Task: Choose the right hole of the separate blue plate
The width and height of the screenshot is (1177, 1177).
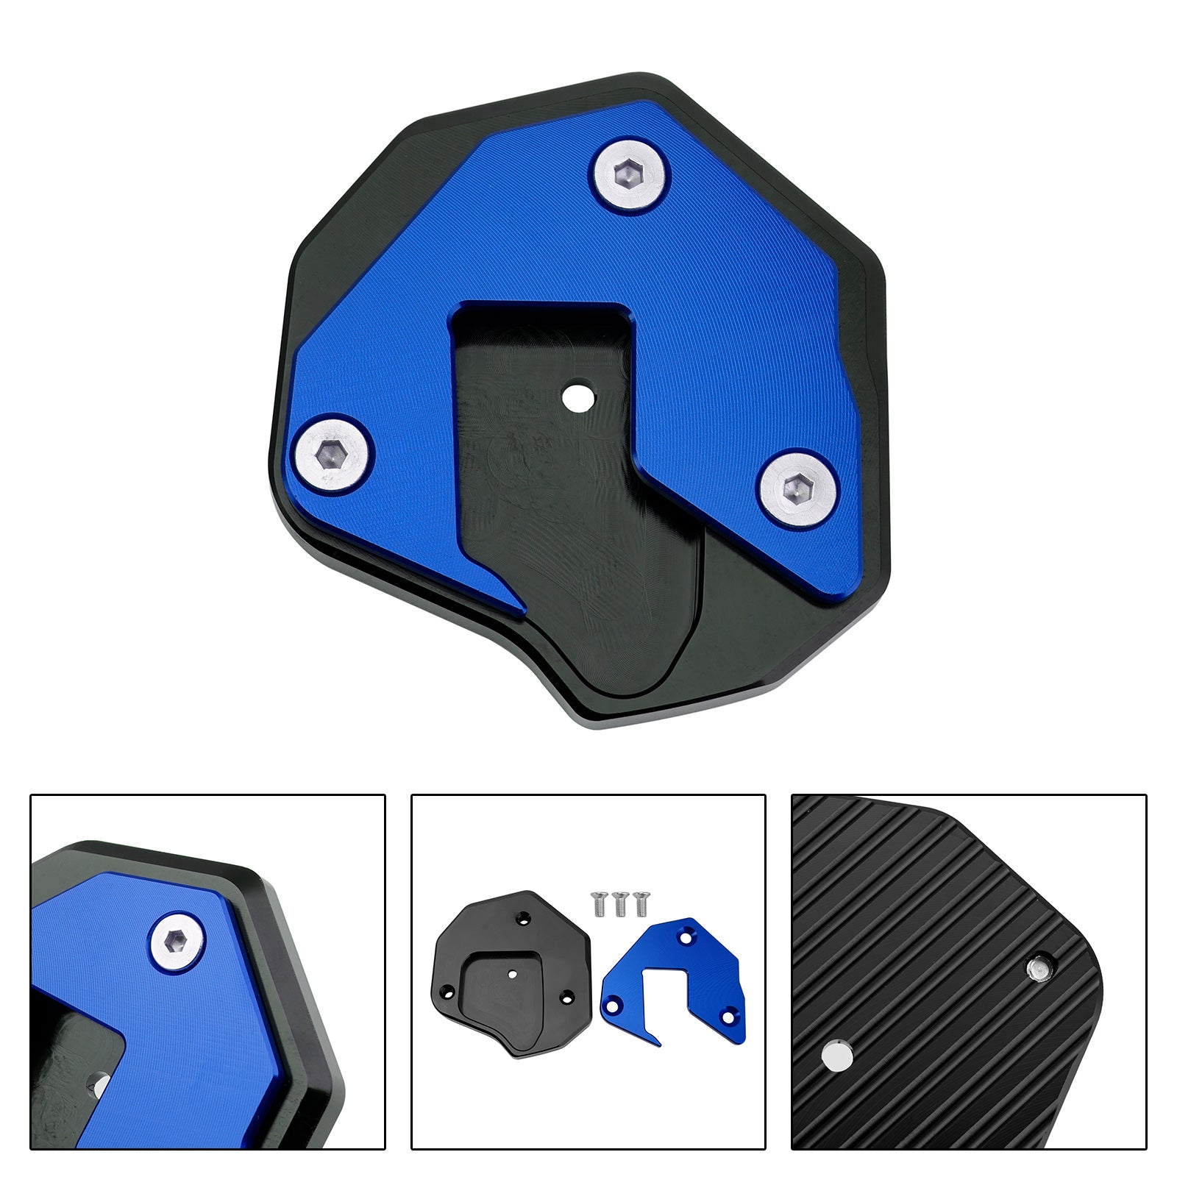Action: [728, 1017]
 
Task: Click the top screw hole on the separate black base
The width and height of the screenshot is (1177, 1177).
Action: [524, 917]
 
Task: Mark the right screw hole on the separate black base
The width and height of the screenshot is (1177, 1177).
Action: [566, 998]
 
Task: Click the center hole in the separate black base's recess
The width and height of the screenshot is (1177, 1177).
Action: [513, 973]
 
